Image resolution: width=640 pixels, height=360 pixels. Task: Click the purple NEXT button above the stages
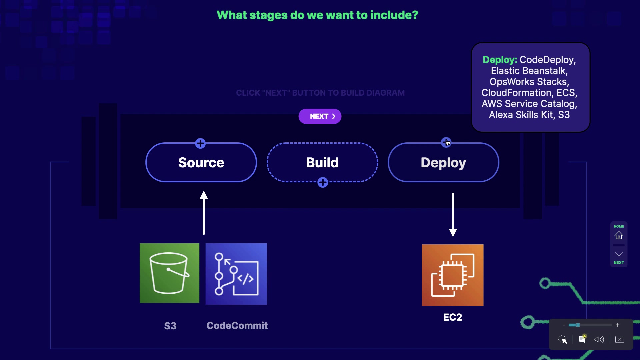(320, 116)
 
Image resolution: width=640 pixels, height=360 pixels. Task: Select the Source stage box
(201, 162)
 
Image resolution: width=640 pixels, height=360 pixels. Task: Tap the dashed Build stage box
(322, 162)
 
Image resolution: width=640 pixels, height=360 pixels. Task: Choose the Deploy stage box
(443, 162)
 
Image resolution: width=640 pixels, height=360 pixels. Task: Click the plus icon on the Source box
(200, 143)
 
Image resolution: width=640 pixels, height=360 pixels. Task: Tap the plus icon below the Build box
(323, 182)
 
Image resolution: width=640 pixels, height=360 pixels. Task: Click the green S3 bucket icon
(170, 273)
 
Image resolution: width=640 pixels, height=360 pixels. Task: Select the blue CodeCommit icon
(236, 274)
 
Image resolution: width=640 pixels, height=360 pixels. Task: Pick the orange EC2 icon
(453, 275)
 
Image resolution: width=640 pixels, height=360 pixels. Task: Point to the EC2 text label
(453, 317)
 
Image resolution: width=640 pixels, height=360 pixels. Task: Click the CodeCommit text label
(237, 326)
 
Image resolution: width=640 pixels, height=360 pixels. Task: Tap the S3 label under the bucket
(170, 326)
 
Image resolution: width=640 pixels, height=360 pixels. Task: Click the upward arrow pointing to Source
(204, 213)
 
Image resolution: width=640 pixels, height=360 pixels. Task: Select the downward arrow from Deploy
(453, 215)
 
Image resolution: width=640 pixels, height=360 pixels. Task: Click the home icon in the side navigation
(619, 235)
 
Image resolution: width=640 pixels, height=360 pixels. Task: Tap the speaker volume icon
(599, 339)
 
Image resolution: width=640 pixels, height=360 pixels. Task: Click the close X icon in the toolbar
(620, 339)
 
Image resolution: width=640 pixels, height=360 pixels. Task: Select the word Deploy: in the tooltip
(500, 60)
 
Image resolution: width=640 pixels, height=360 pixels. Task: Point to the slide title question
(317, 15)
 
